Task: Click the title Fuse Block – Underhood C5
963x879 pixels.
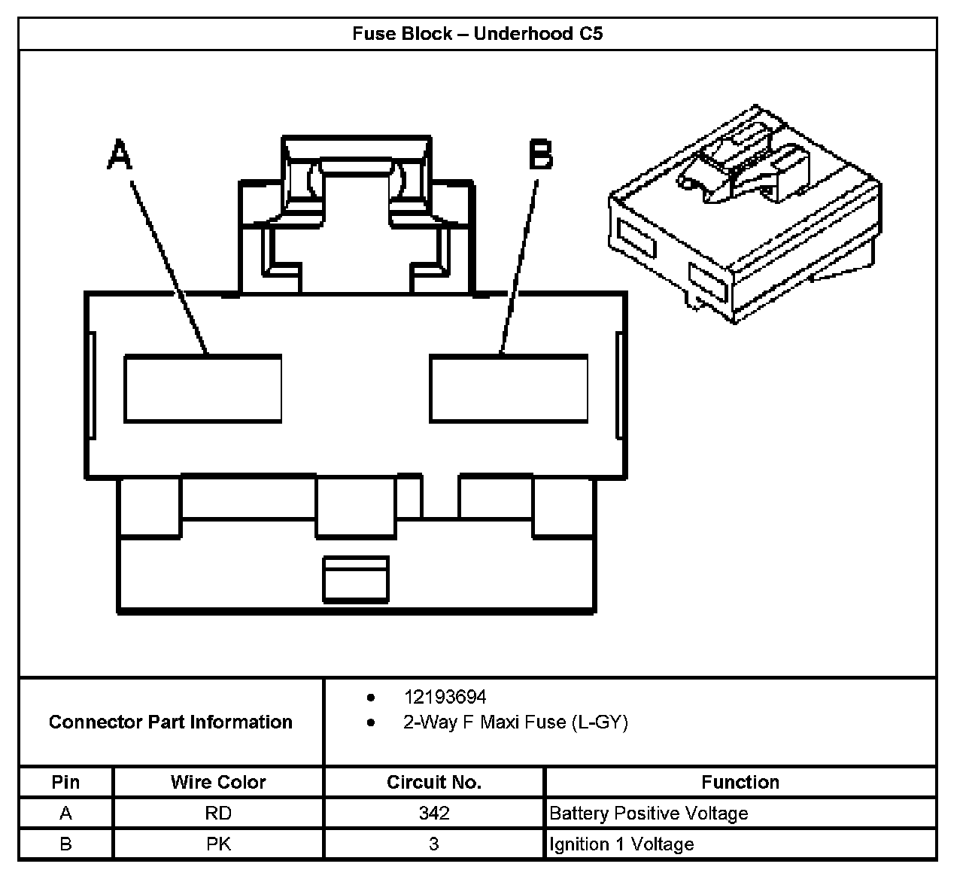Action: pos(478,34)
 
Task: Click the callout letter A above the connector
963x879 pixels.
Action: pos(120,154)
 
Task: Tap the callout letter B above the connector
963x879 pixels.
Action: pos(540,154)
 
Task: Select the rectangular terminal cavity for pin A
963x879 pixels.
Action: pos(202,388)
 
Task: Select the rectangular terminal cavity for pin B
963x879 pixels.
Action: pos(509,388)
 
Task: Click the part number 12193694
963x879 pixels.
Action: pos(445,697)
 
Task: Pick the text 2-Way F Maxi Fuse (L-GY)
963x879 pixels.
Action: pos(515,722)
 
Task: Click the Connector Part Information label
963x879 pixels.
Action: pos(171,722)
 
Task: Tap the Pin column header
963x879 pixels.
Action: pos(65,782)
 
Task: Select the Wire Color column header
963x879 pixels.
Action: pos(218,782)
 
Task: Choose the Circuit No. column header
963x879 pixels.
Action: pos(433,782)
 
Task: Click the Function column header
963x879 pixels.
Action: pos(740,782)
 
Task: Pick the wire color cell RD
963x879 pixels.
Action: pos(218,814)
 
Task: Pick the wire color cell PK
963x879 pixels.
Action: pos(218,844)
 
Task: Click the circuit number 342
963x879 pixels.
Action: pos(434,814)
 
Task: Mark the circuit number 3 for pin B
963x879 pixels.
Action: pos(434,844)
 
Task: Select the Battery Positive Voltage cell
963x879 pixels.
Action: pos(649,814)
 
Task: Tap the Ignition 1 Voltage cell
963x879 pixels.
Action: pos(621,844)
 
